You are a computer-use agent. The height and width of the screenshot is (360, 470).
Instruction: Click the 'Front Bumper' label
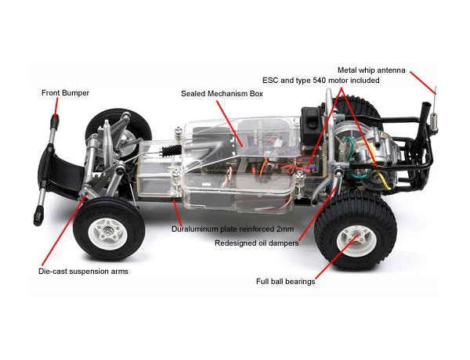(65, 93)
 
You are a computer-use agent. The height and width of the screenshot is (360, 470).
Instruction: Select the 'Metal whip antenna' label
(371, 70)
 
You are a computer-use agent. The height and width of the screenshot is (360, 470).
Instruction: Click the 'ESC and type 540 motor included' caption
(320, 81)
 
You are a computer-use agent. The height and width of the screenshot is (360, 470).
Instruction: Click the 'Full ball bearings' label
(285, 281)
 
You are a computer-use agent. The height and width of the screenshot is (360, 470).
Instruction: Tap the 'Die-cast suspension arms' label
(82, 272)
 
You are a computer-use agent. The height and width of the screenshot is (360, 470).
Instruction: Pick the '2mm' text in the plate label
(283, 230)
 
